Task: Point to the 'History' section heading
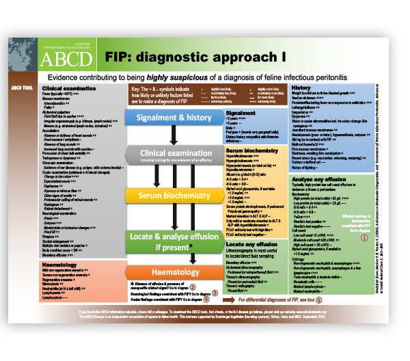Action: (301, 88)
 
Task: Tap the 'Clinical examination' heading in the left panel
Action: (68, 88)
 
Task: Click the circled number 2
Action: (194, 288)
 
